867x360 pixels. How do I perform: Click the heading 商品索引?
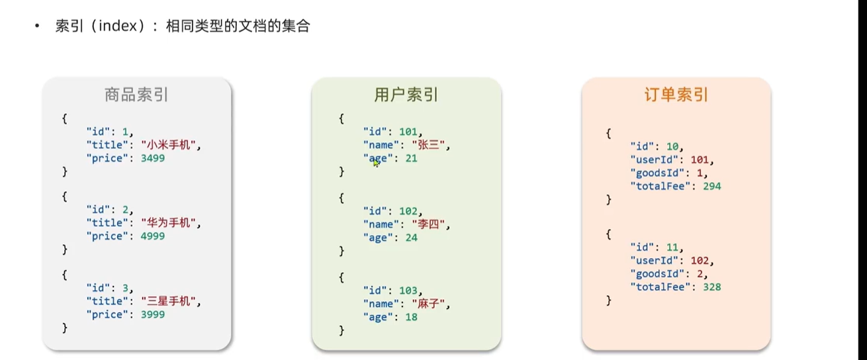pyautogui.click(x=136, y=95)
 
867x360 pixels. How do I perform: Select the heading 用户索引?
pyautogui.click(x=406, y=95)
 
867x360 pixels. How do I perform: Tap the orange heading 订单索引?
pyautogui.click(x=676, y=95)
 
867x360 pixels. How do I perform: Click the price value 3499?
pyautogui.click(x=153, y=158)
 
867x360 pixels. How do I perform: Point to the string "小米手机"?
pyautogui.click(x=170, y=145)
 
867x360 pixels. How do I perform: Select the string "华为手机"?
pyautogui.click(x=170, y=223)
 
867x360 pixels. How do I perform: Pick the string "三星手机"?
pyautogui.click(x=170, y=301)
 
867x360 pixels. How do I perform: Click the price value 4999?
pyautogui.click(x=153, y=236)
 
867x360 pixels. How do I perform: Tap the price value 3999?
pyautogui.click(x=153, y=314)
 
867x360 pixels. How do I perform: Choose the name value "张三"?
pyautogui.click(x=430, y=145)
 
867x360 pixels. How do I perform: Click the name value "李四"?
pyautogui.click(x=430, y=224)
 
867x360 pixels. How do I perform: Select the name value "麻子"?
pyautogui.click(x=430, y=304)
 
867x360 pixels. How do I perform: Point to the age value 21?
pyautogui.click(x=411, y=158)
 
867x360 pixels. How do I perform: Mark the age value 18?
pyautogui.click(x=411, y=317)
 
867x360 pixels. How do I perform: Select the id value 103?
pyautogui.click(x=408, y=291)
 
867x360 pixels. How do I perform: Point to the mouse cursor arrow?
pyautogui.click(x=376, y=163)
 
